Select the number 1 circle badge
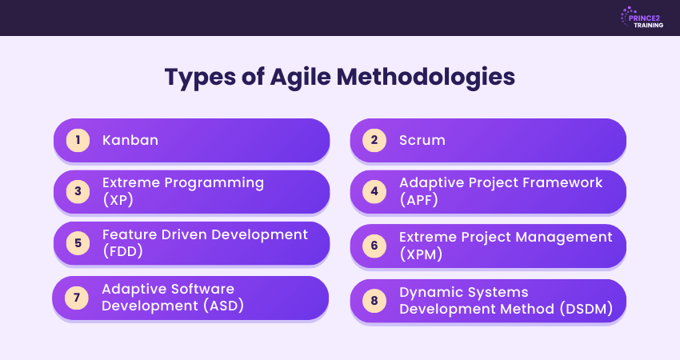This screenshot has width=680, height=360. (78, 141)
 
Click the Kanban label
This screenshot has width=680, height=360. (130, 141)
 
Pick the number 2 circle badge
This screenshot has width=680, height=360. (374, 141)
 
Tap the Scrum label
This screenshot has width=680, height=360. (422, 141)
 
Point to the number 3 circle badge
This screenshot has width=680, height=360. (78, 191)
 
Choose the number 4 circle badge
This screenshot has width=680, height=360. (374, 191)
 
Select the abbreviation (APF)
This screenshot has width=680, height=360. (418, 200)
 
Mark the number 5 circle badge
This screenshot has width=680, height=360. (78, 244)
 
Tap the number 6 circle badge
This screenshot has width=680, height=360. (374, 246)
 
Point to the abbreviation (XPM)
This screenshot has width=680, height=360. (419, 254)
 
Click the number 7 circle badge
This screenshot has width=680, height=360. (77, 298)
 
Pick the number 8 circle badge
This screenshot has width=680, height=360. (374, 302)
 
